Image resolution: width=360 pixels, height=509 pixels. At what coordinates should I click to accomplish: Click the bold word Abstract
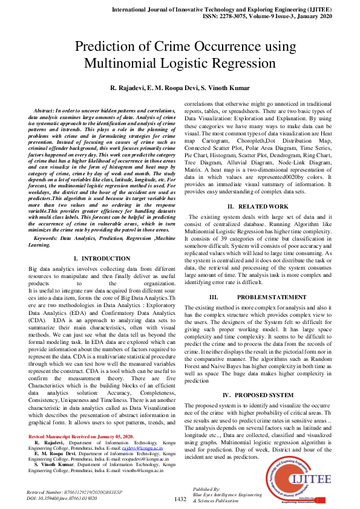43,112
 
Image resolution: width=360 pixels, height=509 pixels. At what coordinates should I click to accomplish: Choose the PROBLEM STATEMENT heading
264,297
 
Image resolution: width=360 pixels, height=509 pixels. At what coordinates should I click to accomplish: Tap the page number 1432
180,499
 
